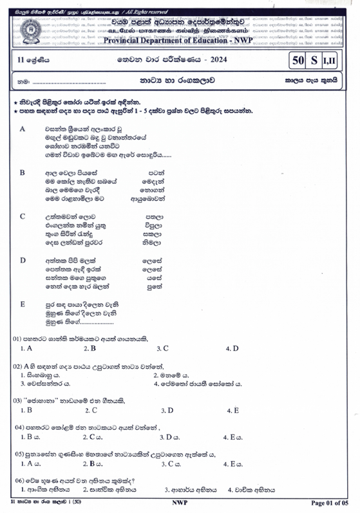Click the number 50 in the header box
pos(297,61)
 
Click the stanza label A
pos(23,129)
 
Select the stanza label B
pos(23,173)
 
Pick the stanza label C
pos(23,216)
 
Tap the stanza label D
pos(23,260)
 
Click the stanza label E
pos(23,303)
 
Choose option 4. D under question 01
pos(232,348)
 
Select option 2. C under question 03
pos(90,410)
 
